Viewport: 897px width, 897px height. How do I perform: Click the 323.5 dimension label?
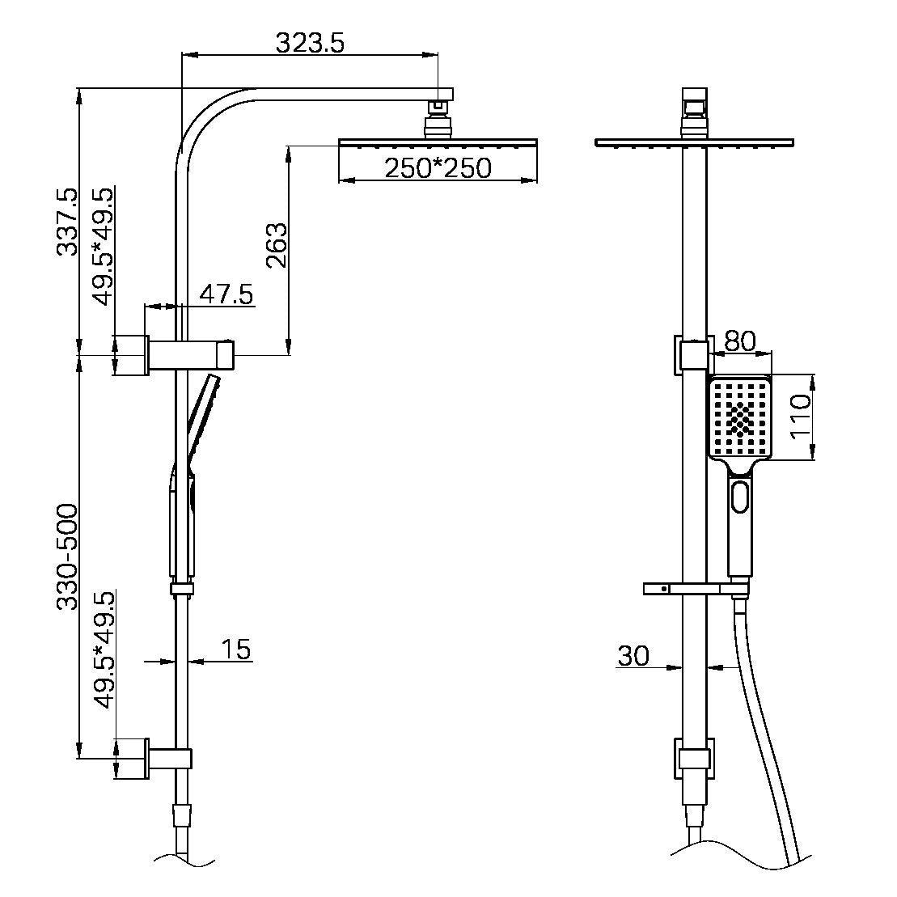coord(310,42)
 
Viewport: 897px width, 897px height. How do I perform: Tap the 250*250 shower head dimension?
coord(438,168)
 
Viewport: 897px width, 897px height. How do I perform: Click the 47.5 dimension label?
coord(226,294)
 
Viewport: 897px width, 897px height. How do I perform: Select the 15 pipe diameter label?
coord(235,649)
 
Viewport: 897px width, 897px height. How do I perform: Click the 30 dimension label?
coord(633,656)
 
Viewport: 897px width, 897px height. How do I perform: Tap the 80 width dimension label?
coord(739,341)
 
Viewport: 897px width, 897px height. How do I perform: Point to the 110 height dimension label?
coord(800,417)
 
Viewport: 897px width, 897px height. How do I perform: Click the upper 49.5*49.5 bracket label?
coord(104,247)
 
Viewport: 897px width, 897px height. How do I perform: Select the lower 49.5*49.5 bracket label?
coord(104,650)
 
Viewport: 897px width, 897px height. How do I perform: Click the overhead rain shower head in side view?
coord(438,143)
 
